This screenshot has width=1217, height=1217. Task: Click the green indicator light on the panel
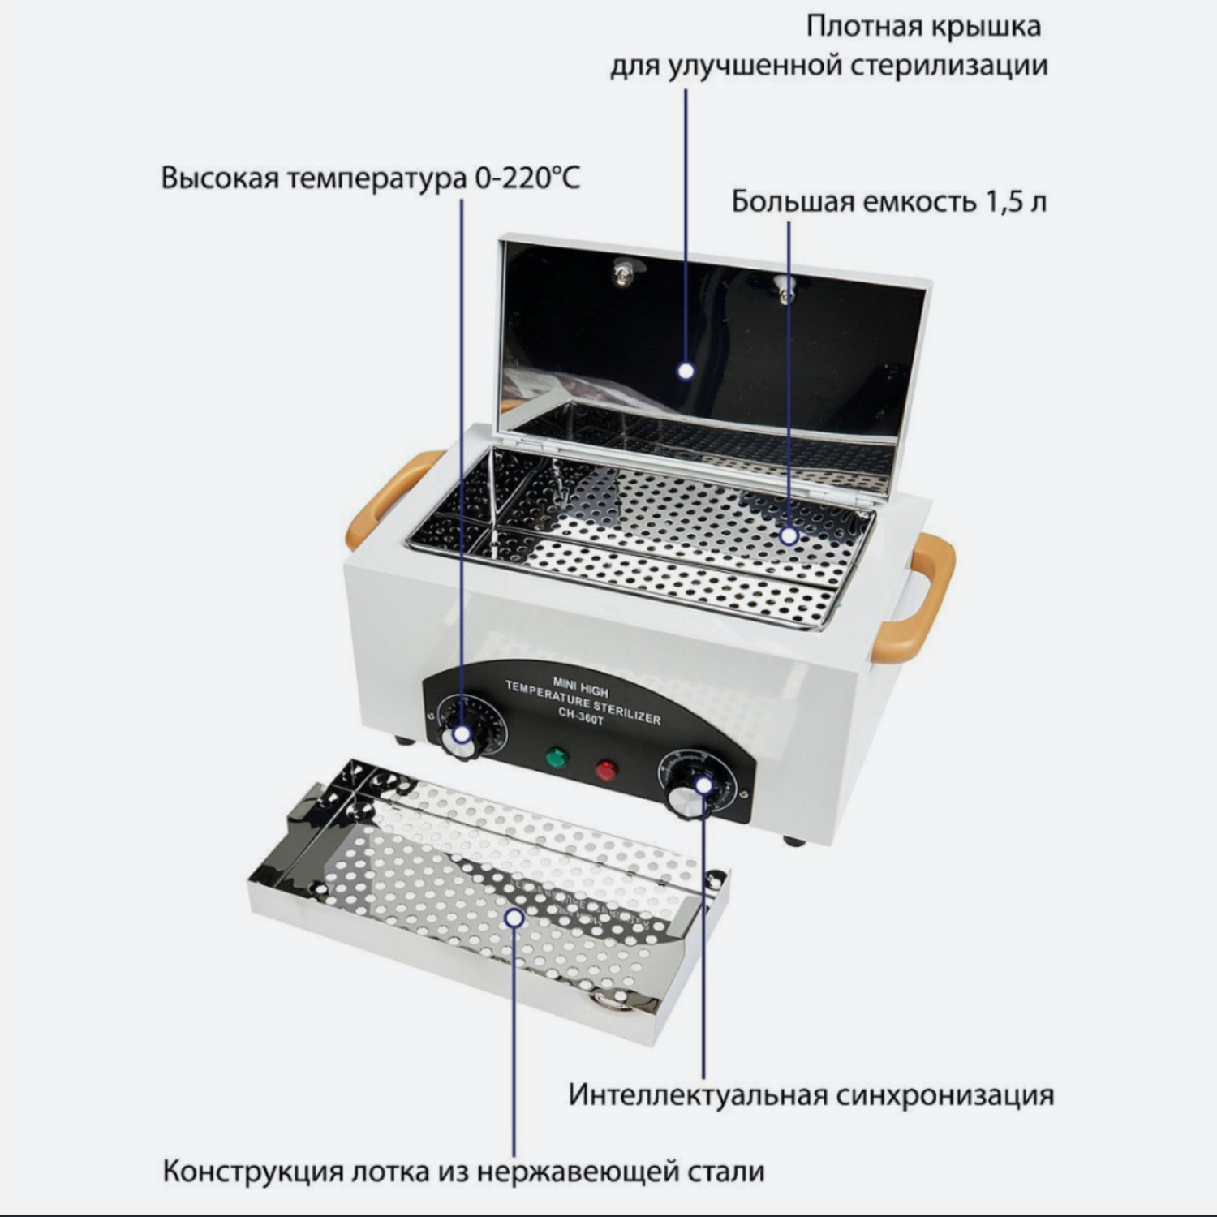click(x=557, y=759)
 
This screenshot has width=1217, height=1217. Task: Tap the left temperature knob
click(x=462, y=736)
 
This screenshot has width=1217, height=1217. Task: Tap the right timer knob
click(x=692, y=791)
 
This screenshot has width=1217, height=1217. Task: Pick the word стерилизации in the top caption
click(x=949, y=66)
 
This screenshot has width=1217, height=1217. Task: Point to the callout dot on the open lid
click(x=686, y=372)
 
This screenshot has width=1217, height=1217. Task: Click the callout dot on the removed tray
click(x=514, y=918)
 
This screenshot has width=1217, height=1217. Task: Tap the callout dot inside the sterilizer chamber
click(x=789, y=535)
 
